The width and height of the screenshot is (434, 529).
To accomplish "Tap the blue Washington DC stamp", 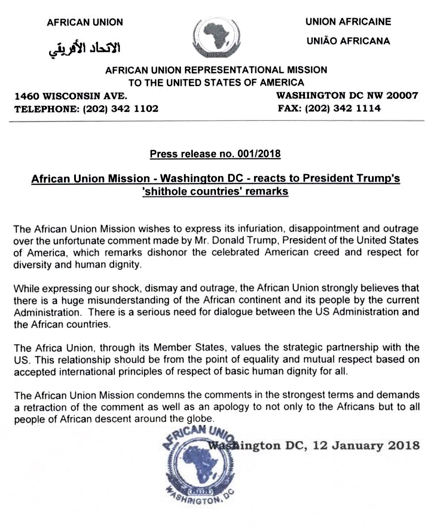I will [x=199, y=465].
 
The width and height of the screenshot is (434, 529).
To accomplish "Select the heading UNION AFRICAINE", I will [x=348, y=22].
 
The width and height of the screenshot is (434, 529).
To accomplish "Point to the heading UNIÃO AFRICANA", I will [x=348, y=41].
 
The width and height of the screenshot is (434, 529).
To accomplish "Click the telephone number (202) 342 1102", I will [x=120, y=109].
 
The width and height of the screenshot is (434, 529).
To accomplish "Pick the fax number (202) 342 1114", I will [x=343, y=109].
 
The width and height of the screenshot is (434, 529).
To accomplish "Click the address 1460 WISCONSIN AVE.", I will [x=71, y=96].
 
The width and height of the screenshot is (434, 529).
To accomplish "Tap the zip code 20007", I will [x=402, y=95].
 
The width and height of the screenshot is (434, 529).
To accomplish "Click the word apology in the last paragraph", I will [x=232, y=407].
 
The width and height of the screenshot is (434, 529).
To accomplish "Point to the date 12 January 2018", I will [x=366, y=446].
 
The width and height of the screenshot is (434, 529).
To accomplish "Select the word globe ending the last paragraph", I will [x=201, y=419].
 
